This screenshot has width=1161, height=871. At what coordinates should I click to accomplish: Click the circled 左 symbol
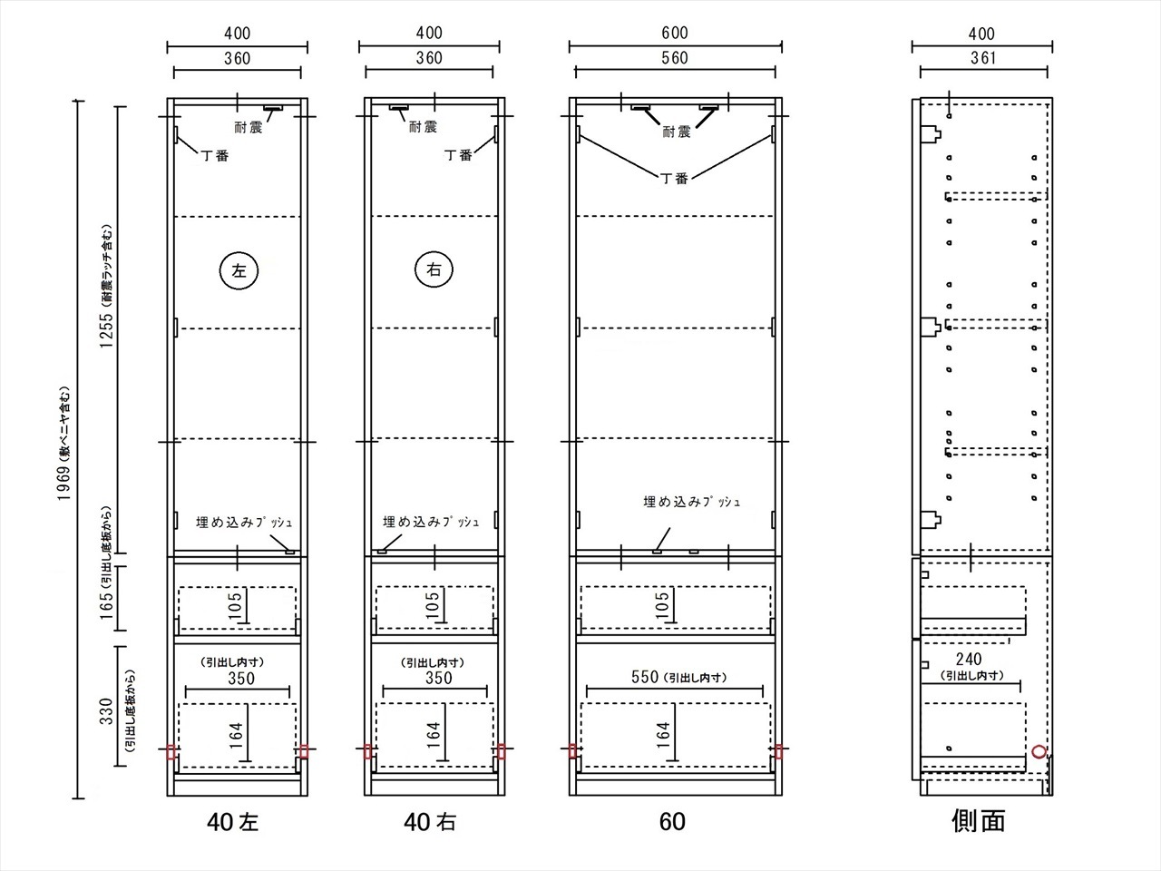[239, 270]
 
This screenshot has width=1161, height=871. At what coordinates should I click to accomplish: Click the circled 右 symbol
[434, 269]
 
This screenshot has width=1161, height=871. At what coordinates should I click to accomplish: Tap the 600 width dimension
[675, 34]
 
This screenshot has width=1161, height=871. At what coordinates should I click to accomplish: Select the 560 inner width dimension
[675, 58]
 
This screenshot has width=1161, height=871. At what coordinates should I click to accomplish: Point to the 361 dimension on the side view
[982, 58]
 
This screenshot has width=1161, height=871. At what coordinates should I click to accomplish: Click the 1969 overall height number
[64, 483]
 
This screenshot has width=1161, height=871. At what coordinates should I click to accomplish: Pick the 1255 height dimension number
[106, 330]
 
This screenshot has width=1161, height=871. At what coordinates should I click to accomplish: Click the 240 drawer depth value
[969, 659]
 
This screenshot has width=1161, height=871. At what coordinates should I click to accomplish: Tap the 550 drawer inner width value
[645, 677]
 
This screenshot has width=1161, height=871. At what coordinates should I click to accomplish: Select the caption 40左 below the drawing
[233, 822]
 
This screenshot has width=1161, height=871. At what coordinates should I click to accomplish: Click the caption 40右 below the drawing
[430, 822]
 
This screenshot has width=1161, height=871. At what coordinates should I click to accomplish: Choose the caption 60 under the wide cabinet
[672, 822]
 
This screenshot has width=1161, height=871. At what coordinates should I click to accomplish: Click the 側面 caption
[979, 821]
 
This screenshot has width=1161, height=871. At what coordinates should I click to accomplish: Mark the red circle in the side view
[1039, 751]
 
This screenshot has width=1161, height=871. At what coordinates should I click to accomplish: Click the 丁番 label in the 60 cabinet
[675, 178]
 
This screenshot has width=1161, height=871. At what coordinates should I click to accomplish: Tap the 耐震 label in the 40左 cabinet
[248, 127]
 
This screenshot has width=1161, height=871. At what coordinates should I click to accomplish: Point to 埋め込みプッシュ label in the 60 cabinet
[691, 502]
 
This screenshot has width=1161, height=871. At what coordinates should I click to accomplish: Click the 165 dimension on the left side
[106, 606]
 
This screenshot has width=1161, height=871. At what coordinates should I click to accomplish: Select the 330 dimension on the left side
[106, 712]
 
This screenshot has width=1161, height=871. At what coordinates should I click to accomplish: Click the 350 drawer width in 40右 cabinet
[439, 678]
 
